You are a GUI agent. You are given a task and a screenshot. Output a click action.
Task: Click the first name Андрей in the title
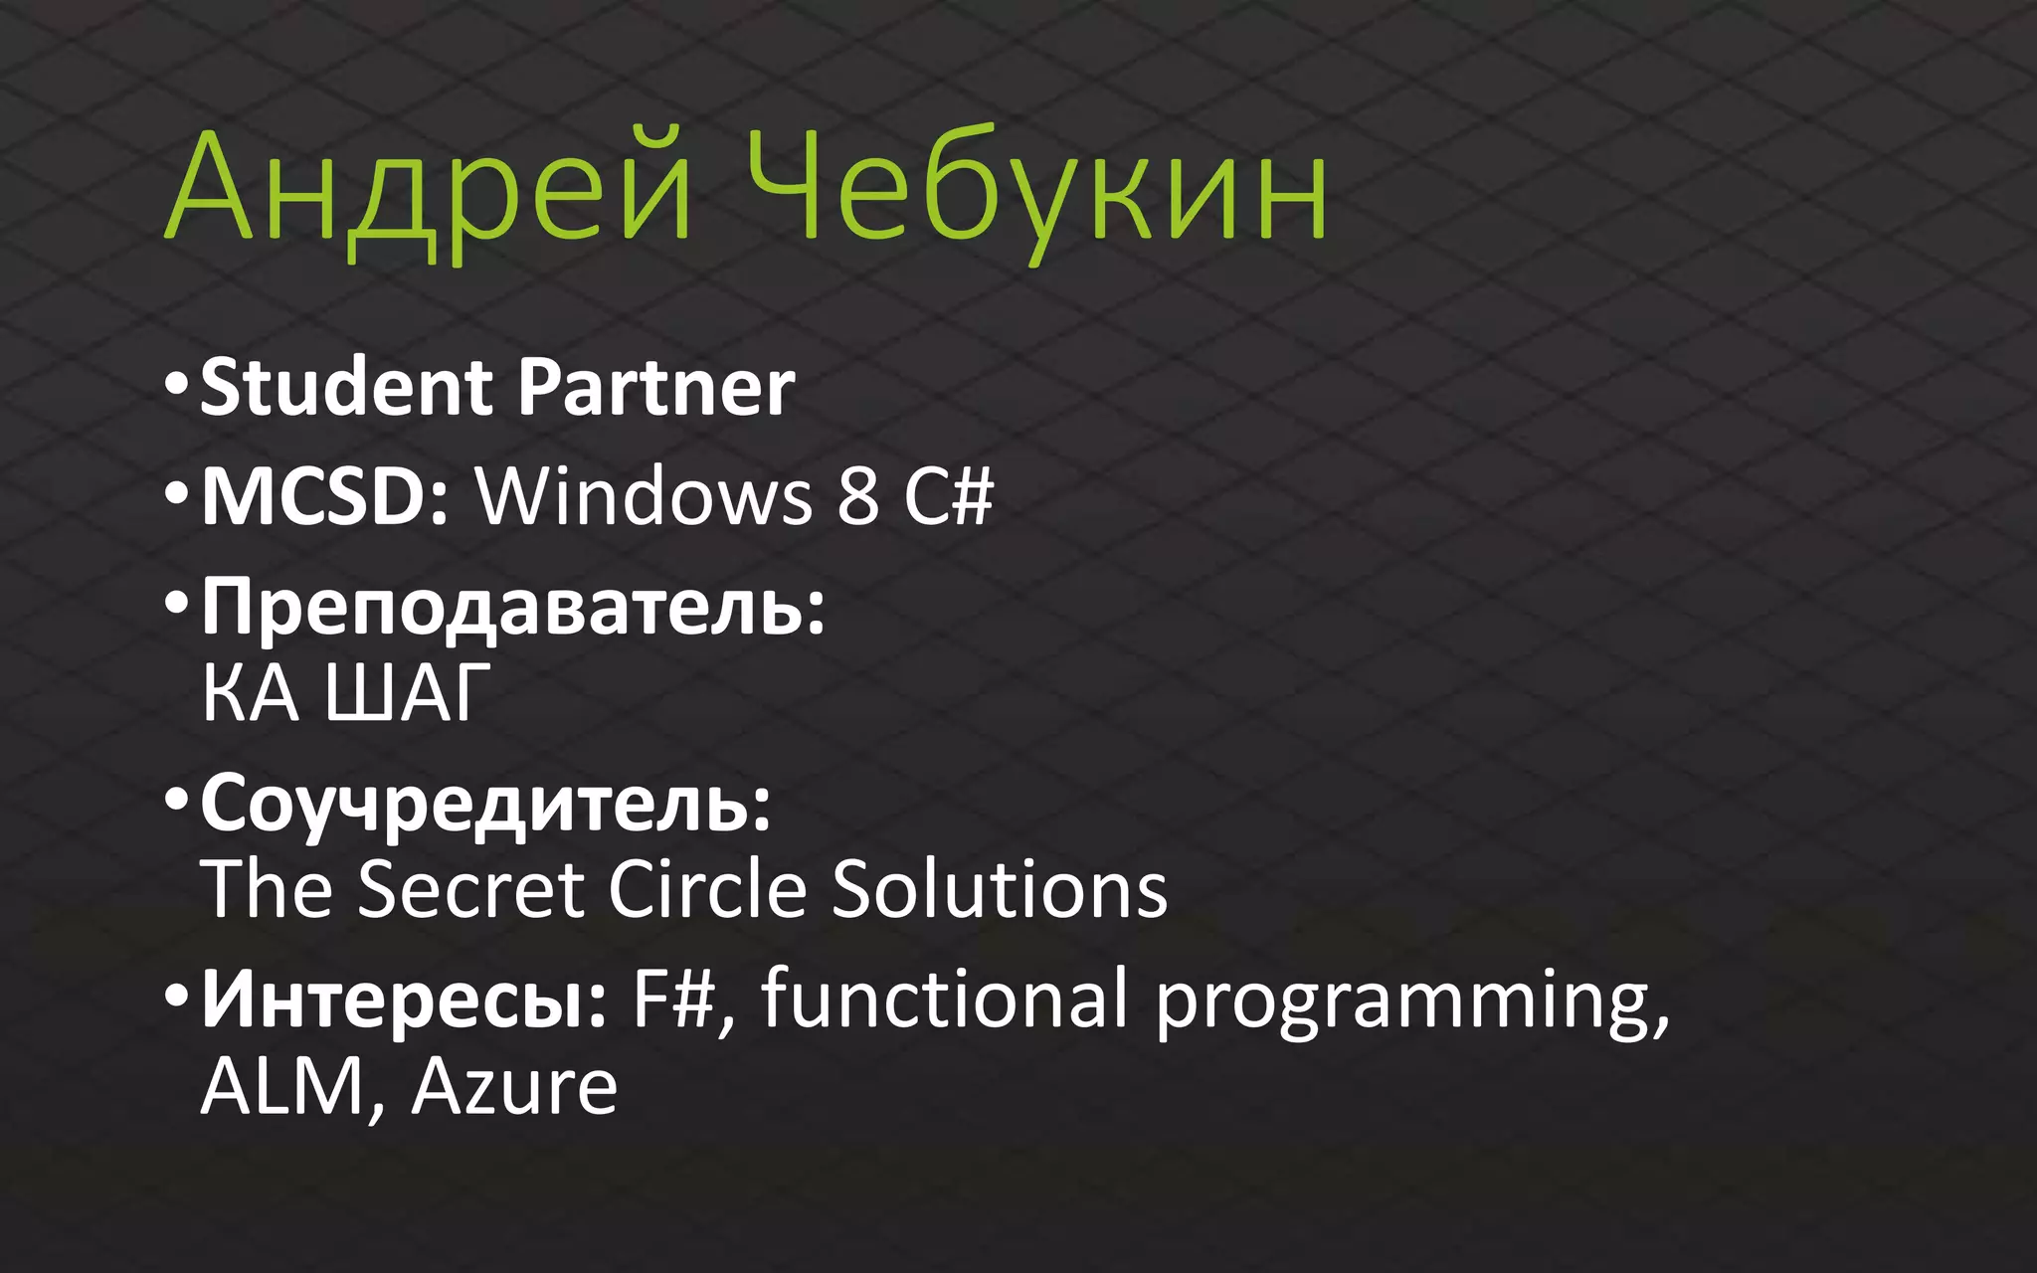coord(428,189)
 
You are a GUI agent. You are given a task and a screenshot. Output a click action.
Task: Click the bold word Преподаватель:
coord(513,607)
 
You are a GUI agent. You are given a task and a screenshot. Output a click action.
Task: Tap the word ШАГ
coord(409,692)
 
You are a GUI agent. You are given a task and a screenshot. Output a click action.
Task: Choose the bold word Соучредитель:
coord(486,804)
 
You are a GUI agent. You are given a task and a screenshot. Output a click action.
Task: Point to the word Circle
coord(707,888)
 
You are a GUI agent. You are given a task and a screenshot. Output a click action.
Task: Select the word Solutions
coord(999,888)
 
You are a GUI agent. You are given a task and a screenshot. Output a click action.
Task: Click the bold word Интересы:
coord(404,999)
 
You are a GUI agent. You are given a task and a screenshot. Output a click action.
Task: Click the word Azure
coord(514,1086)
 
